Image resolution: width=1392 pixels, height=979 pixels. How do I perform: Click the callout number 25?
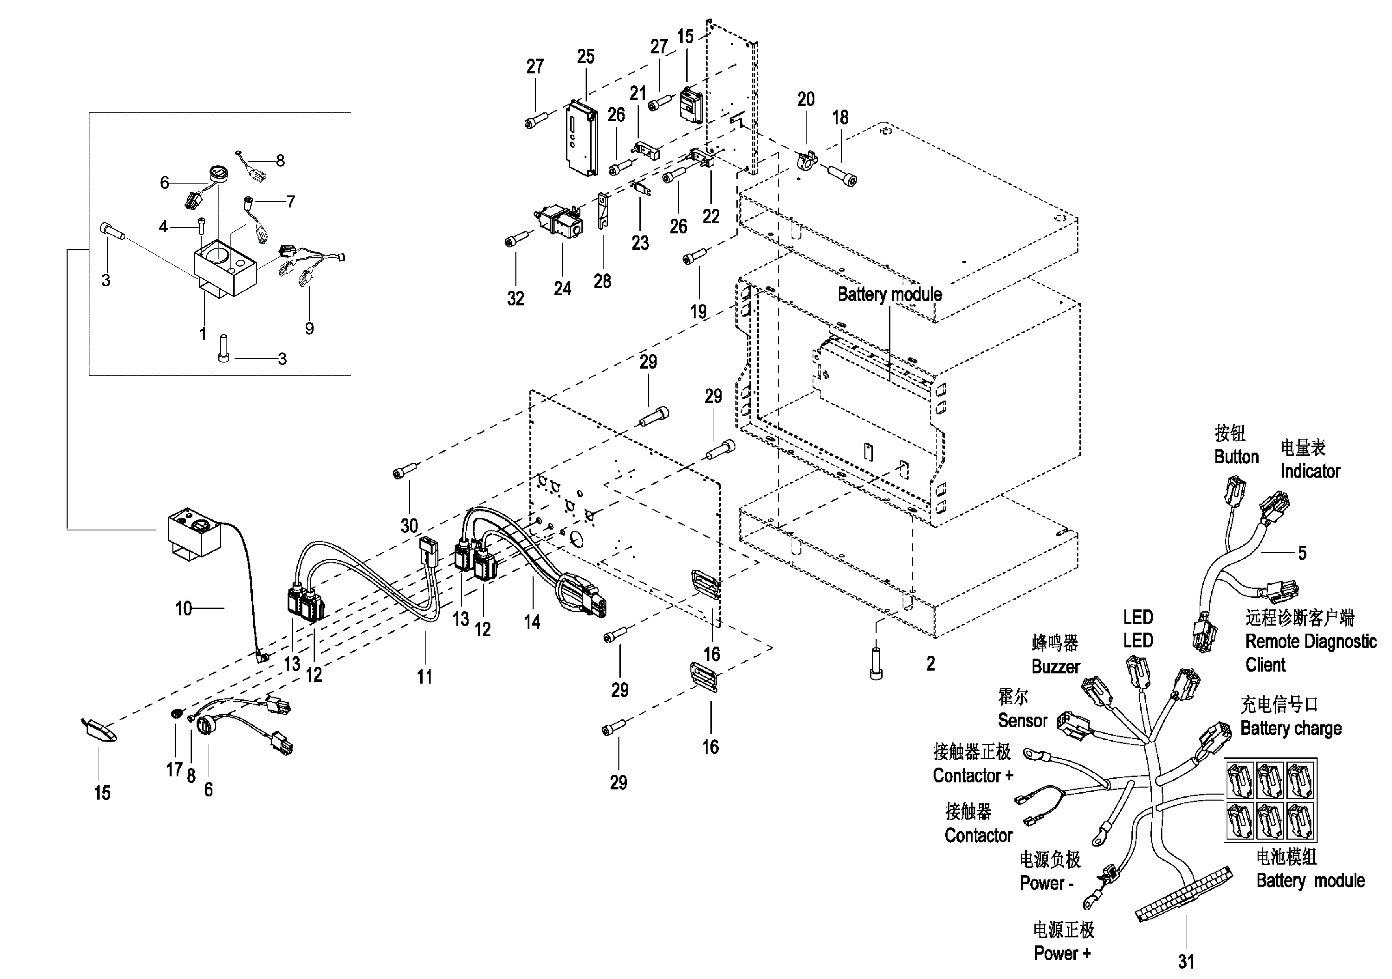[585, 56]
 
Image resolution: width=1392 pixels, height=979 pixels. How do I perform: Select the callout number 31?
[1186, 961]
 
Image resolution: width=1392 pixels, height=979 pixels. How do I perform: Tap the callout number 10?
[184, 608]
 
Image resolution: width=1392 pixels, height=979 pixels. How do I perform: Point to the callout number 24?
[562, 288]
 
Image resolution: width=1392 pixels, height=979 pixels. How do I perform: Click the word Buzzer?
[1055, 667]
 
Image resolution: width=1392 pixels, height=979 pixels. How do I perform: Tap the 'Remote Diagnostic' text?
[1310, 641]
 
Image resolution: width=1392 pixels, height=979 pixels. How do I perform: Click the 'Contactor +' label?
[973, 775]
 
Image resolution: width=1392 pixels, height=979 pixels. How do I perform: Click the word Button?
[1236, 457]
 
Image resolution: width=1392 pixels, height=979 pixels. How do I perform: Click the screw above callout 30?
[406, 470]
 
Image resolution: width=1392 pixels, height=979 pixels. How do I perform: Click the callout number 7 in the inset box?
[291, 202]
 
